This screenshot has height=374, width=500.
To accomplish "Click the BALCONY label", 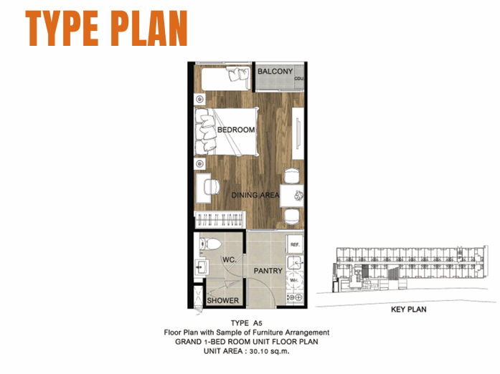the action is click(275, 72).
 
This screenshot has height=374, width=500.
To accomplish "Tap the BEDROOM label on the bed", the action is click(236, 130).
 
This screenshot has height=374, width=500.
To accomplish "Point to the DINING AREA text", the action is click(255, 195).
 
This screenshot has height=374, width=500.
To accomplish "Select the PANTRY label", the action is click(268, 271).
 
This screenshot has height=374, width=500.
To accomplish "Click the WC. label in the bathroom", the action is click(230, 259).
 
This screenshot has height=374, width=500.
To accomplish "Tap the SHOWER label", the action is click(222, 300).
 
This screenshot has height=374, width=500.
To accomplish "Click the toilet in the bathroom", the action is click(209, 244).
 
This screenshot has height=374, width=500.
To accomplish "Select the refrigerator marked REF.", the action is click(295, 244).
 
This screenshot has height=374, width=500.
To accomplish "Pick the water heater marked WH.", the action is click(294, 280).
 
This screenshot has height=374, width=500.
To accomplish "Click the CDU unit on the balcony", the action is click(299, 77).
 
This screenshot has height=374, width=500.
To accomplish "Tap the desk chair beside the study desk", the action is click(212, 187).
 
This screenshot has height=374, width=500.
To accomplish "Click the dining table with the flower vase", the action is click(291, 196).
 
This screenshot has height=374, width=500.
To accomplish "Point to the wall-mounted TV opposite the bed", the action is click(298, 133).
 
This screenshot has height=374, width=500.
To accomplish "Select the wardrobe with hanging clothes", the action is click(219, 219).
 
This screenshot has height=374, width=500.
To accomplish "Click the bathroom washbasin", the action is click(202, 267).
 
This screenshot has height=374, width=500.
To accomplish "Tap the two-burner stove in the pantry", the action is click(295, 297).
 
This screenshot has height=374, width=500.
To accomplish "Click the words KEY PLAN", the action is click(408, 310).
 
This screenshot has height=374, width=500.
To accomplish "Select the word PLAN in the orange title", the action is click(149, 29).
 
